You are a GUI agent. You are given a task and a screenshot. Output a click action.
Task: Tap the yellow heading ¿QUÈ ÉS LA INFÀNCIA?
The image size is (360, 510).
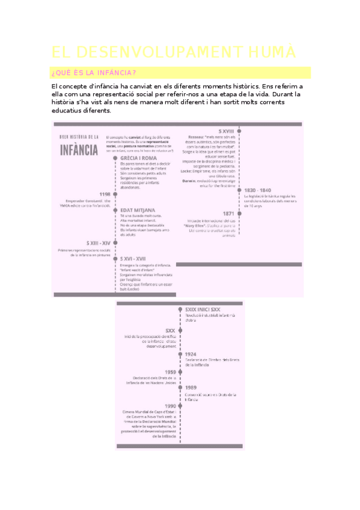point(94,73)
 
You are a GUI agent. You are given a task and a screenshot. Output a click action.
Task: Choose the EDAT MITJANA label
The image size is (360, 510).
point(138,210)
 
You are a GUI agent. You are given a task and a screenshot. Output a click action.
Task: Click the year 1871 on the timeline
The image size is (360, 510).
point(228,214)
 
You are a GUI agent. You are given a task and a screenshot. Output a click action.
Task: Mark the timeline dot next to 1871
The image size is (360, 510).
point(239,214)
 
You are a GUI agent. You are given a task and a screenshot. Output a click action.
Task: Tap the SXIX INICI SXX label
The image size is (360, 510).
point(203,309)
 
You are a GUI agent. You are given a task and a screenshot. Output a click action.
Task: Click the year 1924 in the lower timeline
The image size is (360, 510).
point(192,354)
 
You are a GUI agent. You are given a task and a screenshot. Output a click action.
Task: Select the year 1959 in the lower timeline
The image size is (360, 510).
point(170,372)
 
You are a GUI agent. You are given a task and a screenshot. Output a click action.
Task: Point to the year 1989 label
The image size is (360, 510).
point(191,388)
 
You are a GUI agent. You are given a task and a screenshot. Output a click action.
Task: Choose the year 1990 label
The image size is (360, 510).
point(169,406)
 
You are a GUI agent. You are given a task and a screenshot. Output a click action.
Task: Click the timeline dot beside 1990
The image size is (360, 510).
point(181,406)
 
